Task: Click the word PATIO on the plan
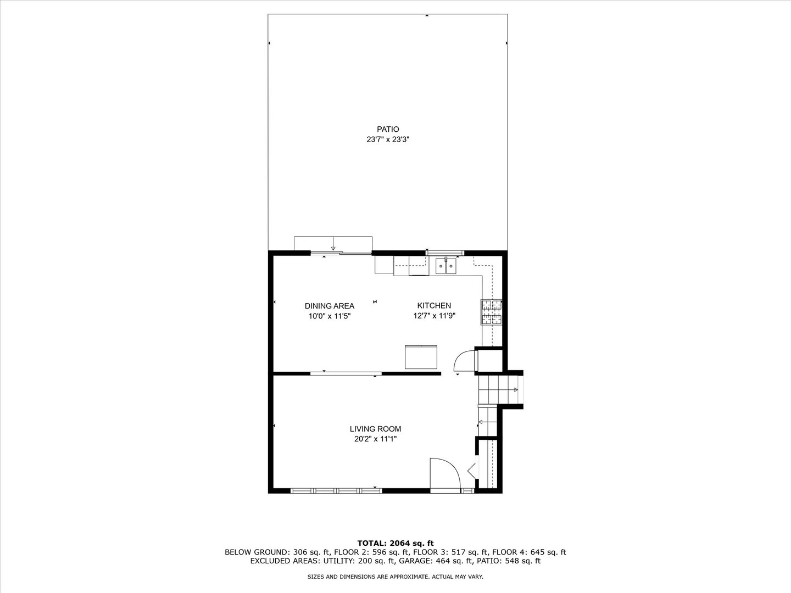388,130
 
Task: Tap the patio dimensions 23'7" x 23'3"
388,140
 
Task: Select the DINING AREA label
330,306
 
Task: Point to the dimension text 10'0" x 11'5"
330,316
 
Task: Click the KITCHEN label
434,306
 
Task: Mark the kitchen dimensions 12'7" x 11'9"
435,316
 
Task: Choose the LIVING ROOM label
375,429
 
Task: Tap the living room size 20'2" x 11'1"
375,439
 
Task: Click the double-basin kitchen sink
445,266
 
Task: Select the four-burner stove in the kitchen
492,312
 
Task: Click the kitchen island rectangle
421,357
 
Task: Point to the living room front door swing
444,472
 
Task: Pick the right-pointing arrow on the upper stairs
515,390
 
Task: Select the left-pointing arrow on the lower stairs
481,422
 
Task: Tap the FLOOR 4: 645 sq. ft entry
529,552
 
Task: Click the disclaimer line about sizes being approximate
396,577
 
